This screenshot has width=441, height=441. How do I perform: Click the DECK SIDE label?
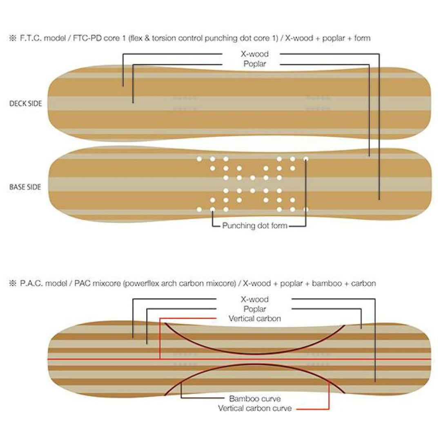pos(26,103)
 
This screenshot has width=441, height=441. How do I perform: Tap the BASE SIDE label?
pos(25,187)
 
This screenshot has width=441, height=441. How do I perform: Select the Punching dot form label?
pos(255,225)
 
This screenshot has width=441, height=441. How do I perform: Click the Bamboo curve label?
pos(255,399)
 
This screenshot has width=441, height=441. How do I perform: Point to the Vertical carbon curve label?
pos(255,408)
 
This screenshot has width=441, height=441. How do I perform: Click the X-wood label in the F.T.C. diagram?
pos(255,54)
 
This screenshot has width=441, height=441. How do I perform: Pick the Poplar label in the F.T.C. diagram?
pos(255,64)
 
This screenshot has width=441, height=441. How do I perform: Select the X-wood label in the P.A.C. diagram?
pos(255,299)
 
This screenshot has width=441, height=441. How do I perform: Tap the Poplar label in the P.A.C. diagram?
pos(255,309)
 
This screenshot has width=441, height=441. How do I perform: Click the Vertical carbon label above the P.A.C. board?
pos(255,318)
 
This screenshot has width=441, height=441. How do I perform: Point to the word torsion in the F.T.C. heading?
pos(164,38)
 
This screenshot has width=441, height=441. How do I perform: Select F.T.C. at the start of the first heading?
pos(31,38)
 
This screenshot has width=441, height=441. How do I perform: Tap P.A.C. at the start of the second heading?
pos(31,283)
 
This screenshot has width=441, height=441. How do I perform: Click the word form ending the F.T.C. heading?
pos(362,38)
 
